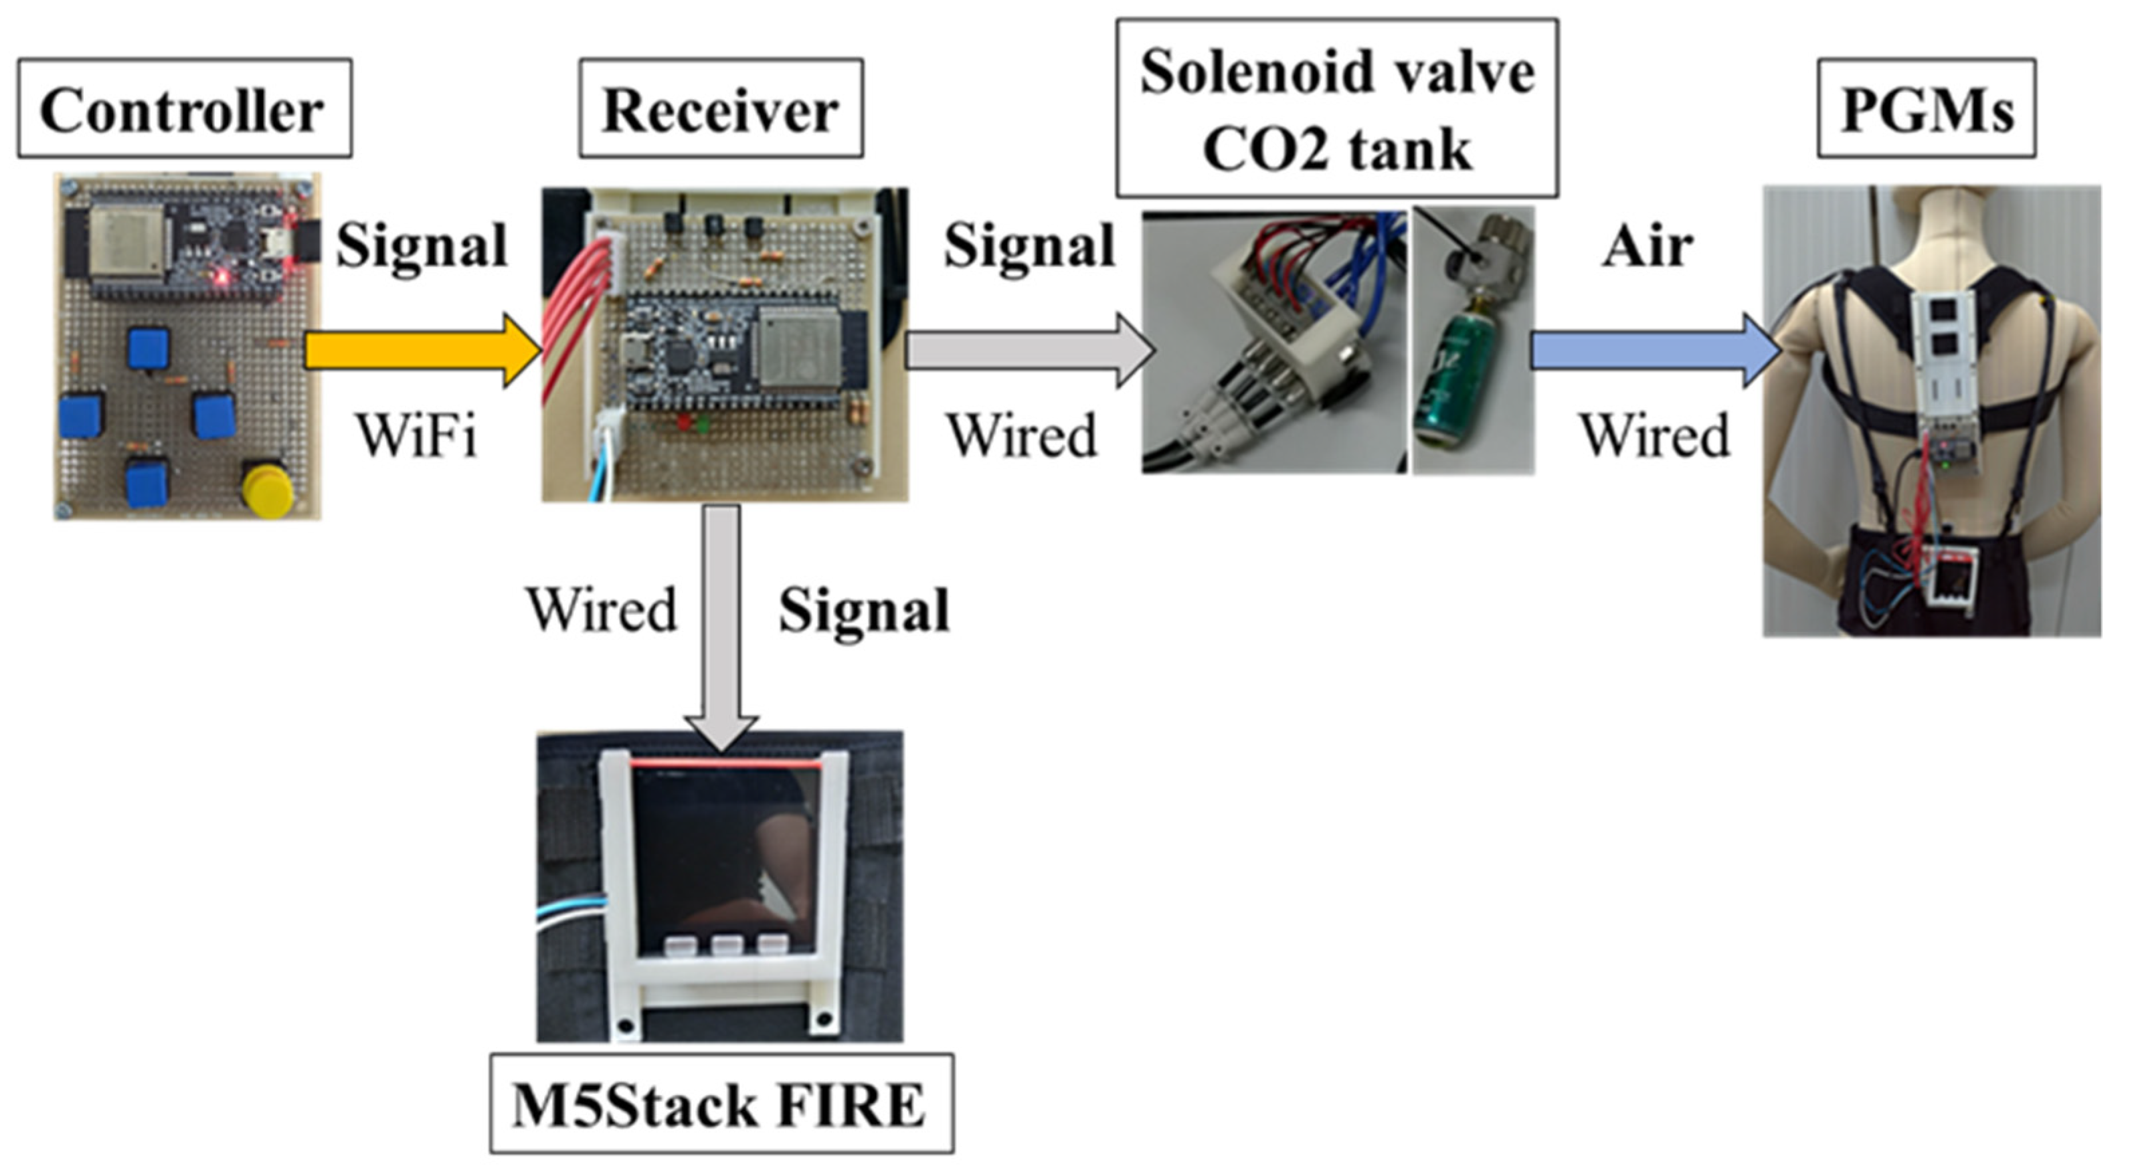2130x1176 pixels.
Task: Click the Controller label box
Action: (183, 108)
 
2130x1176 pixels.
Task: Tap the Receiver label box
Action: (720, 108)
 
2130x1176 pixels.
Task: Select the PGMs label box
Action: (1926, 108)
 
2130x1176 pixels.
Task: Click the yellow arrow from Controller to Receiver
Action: (422, 351)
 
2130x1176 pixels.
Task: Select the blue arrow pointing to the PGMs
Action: (1654, 351)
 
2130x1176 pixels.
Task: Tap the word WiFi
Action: (416, 435)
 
